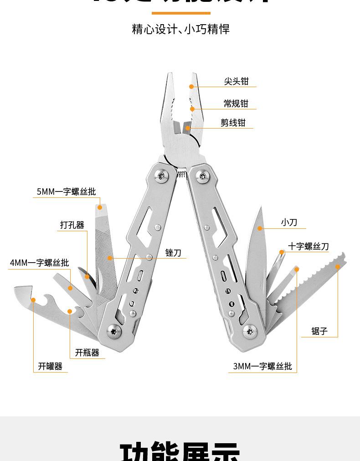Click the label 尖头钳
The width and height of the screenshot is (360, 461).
point(236,81)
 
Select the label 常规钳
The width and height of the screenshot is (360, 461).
point(236,104)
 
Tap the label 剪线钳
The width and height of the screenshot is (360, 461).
point(233,123)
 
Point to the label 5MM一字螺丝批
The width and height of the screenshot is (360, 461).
point(67,192)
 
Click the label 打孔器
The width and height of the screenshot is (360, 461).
point(72,225)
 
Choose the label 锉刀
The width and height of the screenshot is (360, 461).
point(173,253)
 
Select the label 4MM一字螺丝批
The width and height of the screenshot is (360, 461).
point(40,263)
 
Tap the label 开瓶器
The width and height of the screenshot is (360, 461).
point(87,352)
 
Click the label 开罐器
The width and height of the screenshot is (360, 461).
point(50,366)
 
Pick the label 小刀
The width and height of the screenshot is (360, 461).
point(289,223)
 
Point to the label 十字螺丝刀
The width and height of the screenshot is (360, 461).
point(308,246)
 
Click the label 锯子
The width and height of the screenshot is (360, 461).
point(319,331)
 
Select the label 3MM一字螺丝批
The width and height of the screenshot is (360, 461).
point(262,366)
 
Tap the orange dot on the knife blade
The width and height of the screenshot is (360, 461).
point(260,228)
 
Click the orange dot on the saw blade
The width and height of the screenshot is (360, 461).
point(338,267)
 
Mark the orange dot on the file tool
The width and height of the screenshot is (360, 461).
point(110,258)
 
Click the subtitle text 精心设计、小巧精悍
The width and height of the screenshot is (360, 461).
point(181,30)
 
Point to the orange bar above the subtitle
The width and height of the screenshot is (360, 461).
point(181,13)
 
